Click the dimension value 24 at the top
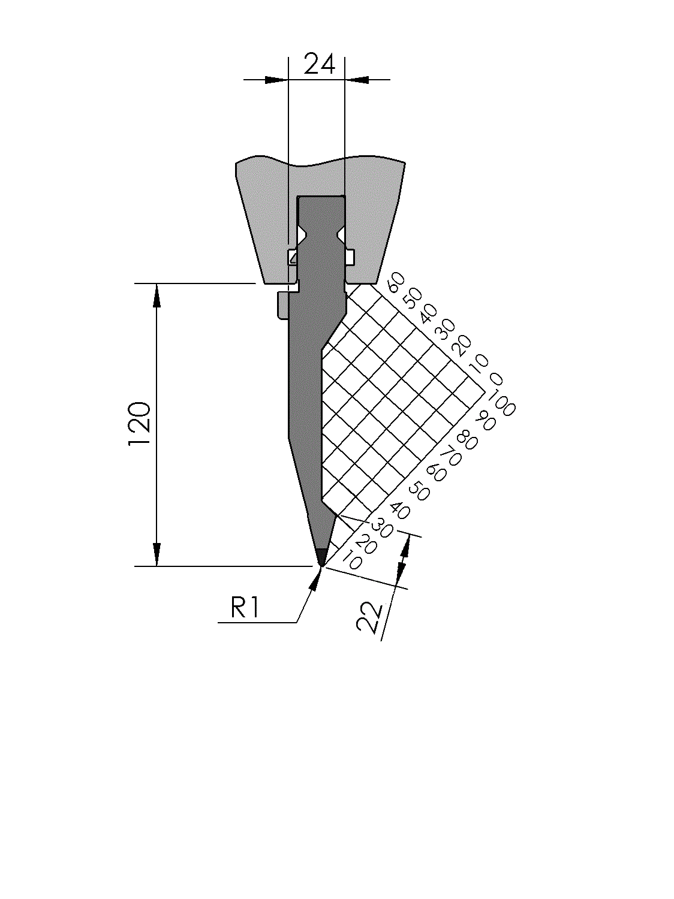(319, 64)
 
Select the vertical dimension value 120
(140, 424)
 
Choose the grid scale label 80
(467, 440)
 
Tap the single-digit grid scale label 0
(496, 379)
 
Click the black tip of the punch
(321, 557)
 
